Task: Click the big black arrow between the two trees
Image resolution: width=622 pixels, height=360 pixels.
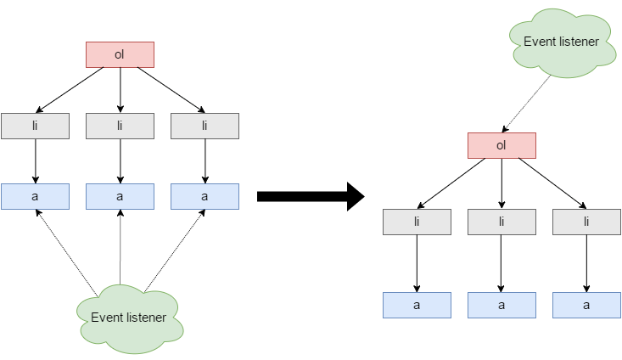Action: (x=310, y=197)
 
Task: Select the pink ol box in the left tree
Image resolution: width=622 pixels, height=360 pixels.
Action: (x=120, y=55)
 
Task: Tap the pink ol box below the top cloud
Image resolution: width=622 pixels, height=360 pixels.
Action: (x=502, y=145)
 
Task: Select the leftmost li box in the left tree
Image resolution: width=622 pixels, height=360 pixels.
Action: (x=35, y=126)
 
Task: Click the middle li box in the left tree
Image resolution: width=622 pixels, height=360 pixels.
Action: (x=120, y=126)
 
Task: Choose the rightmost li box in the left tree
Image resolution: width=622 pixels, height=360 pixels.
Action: (x=205, y=126)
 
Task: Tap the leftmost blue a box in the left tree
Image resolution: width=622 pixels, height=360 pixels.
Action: (x=35, y=196)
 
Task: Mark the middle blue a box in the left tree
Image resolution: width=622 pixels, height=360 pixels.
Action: (x=120, y=196)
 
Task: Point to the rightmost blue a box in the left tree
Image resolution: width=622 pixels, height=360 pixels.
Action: (x=205, y=196)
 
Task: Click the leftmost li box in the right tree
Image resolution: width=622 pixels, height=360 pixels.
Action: (x=417, y=222)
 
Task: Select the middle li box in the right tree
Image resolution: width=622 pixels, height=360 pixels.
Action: (x=502, y=222)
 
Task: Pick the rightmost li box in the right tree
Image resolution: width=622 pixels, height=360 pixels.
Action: (x=586, y=222)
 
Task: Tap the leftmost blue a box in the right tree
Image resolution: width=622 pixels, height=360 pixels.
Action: (x=417, y=305)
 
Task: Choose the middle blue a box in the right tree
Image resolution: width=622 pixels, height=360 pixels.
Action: (x=502, y=305)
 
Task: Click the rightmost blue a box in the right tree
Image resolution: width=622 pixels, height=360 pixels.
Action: (x=586, y=305)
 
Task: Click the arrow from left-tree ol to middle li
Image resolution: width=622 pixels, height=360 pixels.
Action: (x=120, y=90)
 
